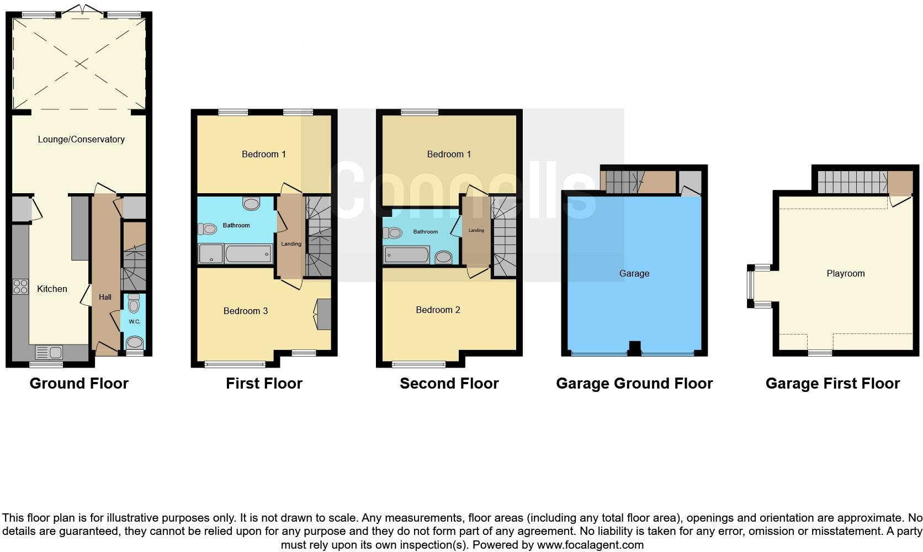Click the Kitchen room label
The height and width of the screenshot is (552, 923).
(x=52, y=289)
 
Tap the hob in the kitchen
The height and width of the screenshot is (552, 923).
(x=20, y=286)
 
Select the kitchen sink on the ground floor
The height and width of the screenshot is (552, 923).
(x=49, y=351)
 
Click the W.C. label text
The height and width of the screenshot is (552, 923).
(x=134, y=321)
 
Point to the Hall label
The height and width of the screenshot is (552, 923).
(x=105, y=297)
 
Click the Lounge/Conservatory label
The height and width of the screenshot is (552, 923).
(x=81, y=139)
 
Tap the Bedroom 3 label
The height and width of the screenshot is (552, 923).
(x=246, y=311)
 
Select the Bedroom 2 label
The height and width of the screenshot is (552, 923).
(x=438, y=310)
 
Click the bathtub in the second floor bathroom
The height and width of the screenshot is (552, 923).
(x=407, y=254)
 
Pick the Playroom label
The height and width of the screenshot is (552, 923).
(x=845, y=273)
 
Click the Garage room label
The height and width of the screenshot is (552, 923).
(x=634, y=273)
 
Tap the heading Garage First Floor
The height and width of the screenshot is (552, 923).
(x=832, y=383)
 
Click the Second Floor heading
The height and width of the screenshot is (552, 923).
(x=449, y=383)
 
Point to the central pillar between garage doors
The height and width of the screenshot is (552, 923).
(x=635, y=348)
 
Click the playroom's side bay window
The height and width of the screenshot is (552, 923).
(x=751, y=285)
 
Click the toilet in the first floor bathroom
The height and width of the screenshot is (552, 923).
(x=208, y=229)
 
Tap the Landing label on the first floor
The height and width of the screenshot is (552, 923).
(x=291, y=243)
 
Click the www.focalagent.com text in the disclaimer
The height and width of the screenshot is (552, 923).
(x=590, y=545)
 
